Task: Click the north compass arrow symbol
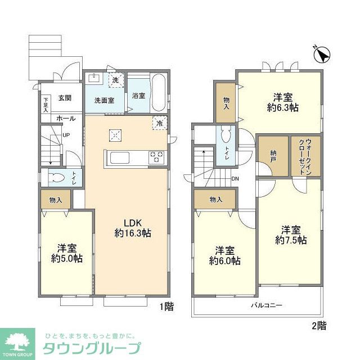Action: (x=322, y=55)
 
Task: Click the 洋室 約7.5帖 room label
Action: (x=291, y=235)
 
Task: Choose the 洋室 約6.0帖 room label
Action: (x=224, y=255)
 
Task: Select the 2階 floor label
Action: (x=318, y=325)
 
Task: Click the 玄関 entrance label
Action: (x=64, y=98)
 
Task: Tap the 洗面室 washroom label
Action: (x=104, y=101)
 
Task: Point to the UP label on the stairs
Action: (x=66, y=136)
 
